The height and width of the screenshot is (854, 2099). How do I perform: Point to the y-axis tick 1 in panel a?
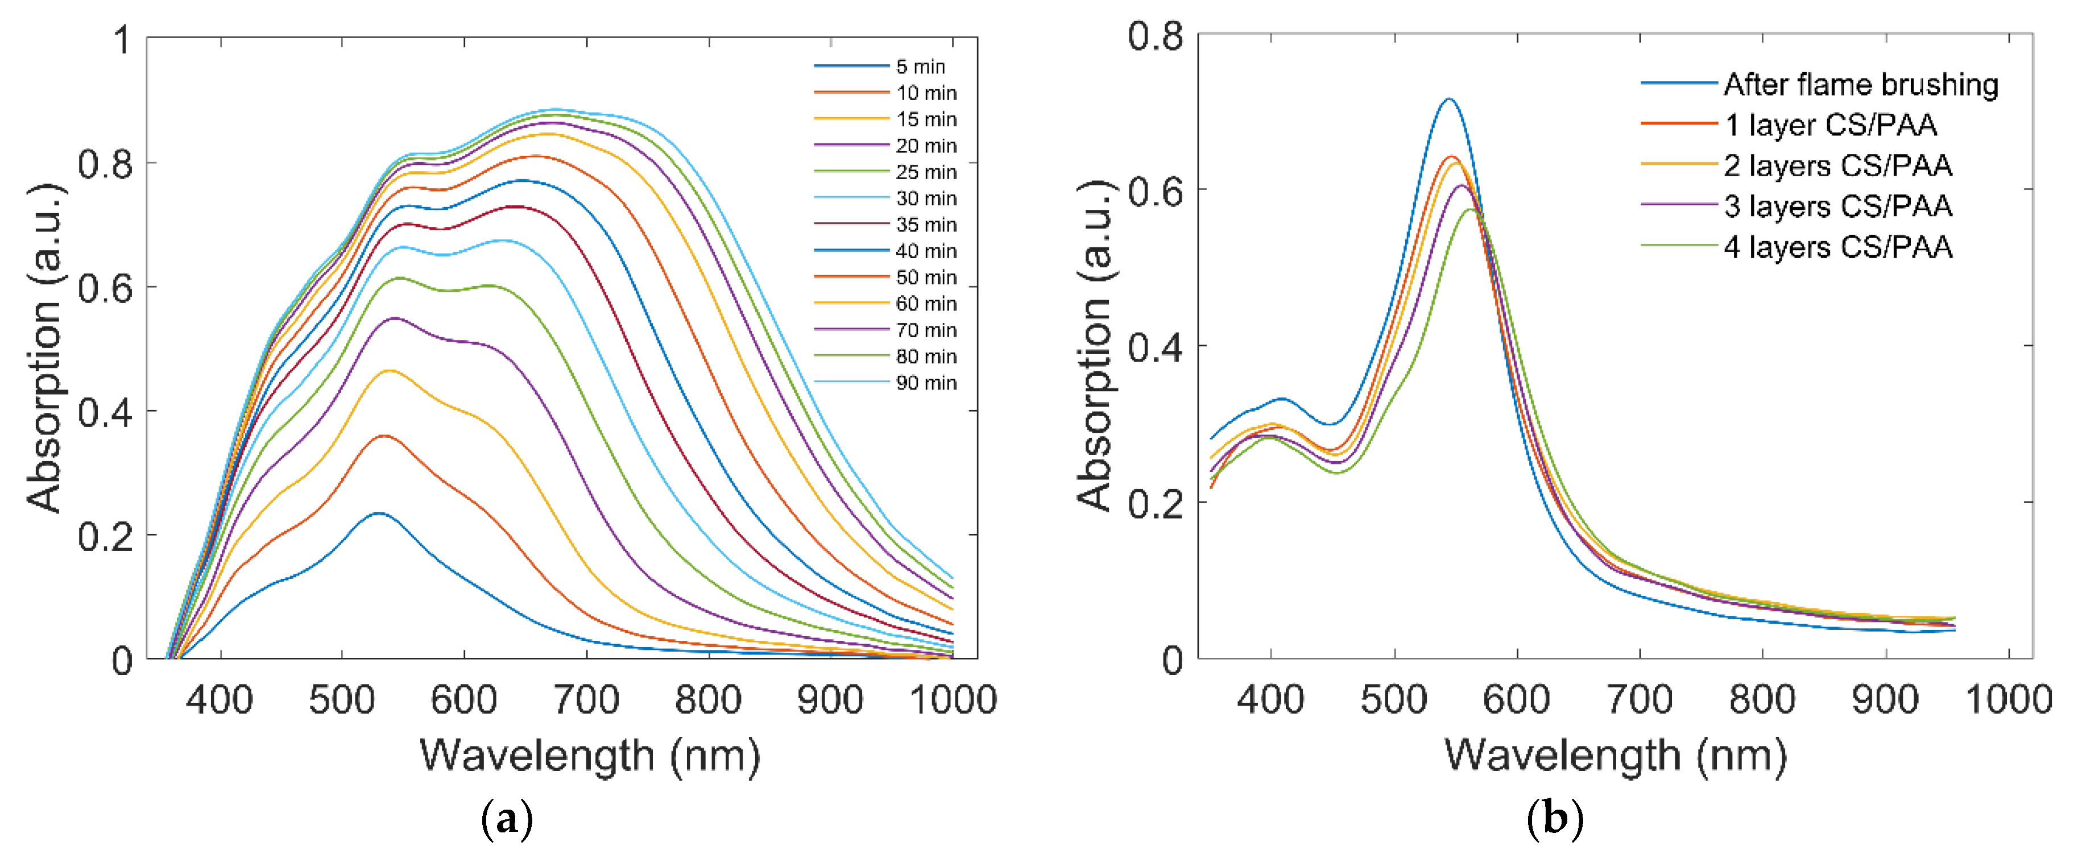click(122, 39)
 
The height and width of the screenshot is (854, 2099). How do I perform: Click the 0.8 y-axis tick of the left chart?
click(105, 164)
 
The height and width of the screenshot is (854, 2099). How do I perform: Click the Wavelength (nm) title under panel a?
click(589, 756)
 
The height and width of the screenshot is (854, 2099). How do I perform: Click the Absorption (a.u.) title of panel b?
click(1094, 346)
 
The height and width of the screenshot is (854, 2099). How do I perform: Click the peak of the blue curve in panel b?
click(1449, 100)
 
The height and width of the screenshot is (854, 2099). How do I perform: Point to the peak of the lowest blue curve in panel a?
click(379, 513)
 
